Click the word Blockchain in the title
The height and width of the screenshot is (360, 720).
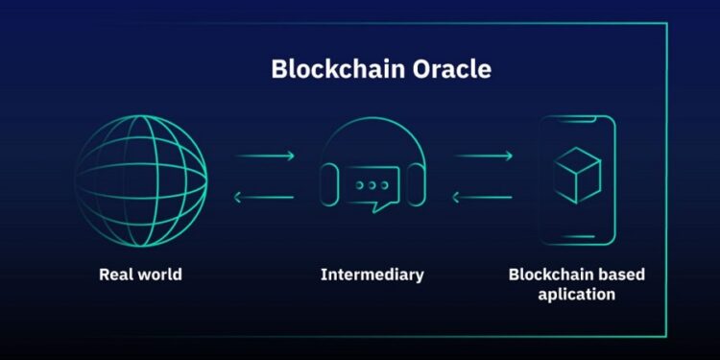click(x=326, y=70)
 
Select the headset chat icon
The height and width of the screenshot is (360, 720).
click(x=372, y=174)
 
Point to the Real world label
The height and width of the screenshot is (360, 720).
click(x=140, y=275)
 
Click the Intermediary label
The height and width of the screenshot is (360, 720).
click(x=372, y=275)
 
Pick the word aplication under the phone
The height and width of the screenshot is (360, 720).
click(x=577, y=294)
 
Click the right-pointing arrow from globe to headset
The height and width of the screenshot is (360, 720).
click(x=264, y=155)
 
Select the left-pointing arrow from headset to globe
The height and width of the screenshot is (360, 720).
click(x=264, y=199)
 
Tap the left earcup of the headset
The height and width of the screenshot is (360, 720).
click(x=327, y=181)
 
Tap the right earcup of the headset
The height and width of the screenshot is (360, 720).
click(x=417, y=181)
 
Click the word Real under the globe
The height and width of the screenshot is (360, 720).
click(x=114, y=275)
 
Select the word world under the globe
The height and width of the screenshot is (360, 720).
click(x=157, y=275)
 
